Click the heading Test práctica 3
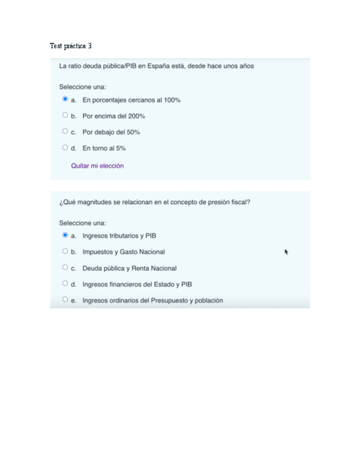70,46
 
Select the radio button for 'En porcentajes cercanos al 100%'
65,99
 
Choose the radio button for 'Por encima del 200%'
65,115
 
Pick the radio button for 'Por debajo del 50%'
65,131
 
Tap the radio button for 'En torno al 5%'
65,147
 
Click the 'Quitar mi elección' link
97,165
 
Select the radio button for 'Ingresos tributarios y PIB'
65,235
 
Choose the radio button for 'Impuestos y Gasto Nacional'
65,251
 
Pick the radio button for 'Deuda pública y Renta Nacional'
65,268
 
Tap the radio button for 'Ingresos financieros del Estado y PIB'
65,284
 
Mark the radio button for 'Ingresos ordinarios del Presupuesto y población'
65,299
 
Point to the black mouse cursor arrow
286,252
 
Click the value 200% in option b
136,116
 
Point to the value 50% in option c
133,132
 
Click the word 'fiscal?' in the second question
240,202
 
